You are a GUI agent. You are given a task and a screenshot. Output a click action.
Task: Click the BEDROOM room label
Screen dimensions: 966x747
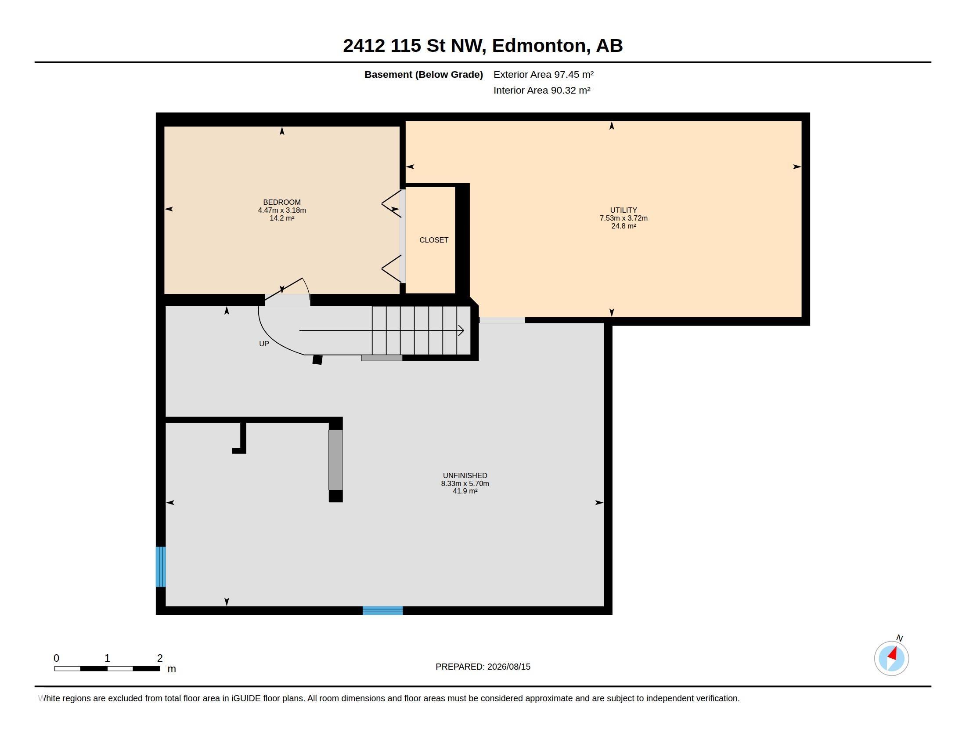pyautogui.click(x=282, y=202)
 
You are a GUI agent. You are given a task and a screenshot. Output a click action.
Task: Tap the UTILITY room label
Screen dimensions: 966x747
pyautogui.click(x=624, y=210)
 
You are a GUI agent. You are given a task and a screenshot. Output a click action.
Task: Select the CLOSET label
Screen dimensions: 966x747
pyautogui.click(x=434, y=240)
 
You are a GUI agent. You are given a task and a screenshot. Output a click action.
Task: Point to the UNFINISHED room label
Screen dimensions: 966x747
pyautogui.click(x=465, y=476)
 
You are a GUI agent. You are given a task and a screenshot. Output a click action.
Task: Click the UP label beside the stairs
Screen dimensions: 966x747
pyautogui.click(x=264, y=344)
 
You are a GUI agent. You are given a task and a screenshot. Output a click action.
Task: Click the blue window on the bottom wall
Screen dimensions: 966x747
pyautogui.click(x=382, y=611)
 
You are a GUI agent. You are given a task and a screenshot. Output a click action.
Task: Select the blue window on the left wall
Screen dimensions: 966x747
pyautogui.click(x=161, y=567)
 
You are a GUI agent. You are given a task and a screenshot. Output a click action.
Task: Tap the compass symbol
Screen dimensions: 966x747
pyautogui.click(x=892, y=658)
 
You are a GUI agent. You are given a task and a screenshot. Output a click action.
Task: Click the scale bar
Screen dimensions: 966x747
pyautogui.click(x=107, y=669)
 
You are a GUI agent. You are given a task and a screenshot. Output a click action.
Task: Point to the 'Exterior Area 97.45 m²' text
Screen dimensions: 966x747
pyautogui.click(x=544, y=74)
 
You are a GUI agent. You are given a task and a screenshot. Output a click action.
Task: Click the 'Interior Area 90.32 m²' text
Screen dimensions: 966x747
pyautogui.click(x=542, y=90)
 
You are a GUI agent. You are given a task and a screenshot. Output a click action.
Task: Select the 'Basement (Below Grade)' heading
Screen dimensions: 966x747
pyautogui.click(x=424, y=74)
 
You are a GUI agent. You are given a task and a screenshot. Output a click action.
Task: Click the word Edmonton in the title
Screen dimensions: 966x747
pyautogui.click(x=541, y=46)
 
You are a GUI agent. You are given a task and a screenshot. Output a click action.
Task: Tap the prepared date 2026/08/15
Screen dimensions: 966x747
pyautogui.click(x=508, y=667)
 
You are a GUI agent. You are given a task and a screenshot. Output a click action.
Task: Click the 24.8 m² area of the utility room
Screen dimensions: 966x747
pyautogui.click(x=624, y=226)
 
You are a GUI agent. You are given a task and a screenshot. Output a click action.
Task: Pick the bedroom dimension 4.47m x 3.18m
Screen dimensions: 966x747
pyautogui.click(x=282, y=210)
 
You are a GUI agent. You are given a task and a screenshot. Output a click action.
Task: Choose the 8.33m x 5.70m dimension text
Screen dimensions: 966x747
pyautogui.click(x=465, y=484)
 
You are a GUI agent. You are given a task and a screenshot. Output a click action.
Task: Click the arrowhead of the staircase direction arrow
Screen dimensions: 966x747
pyautogui.click(x=461, y=330)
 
